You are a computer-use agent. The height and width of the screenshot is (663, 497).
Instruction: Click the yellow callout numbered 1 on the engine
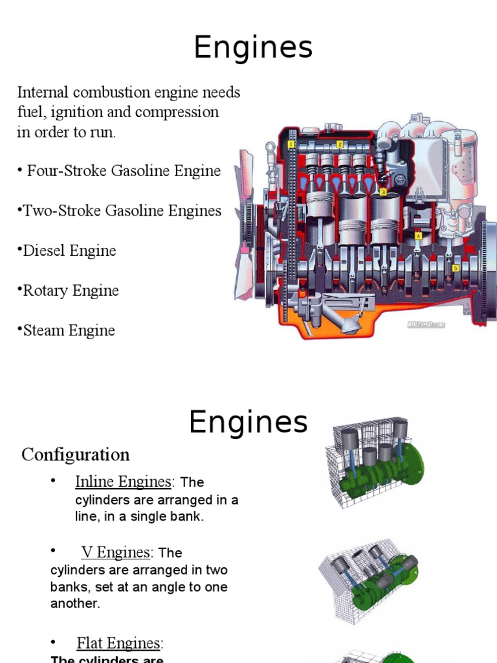[x=291, y=144]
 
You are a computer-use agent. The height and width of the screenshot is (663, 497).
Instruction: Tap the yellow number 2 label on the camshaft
[x=340, y=144]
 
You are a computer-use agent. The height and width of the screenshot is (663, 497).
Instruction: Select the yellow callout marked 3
[x=383, y=192]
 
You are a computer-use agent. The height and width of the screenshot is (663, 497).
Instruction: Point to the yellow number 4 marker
[x=419, y=236]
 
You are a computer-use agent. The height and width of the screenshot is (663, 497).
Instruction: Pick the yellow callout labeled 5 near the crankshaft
[x=456, y=267]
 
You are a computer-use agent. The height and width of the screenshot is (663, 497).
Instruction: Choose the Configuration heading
[x=76, y=455]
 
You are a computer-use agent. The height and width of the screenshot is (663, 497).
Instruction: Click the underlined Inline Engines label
[x=123, y=482]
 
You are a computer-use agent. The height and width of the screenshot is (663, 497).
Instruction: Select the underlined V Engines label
[x=115, y=552]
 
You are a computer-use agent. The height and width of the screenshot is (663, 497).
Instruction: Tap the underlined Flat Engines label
[x=119, y=643]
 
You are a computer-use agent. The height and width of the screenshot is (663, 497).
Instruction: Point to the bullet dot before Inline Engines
[x=52, y=480]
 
